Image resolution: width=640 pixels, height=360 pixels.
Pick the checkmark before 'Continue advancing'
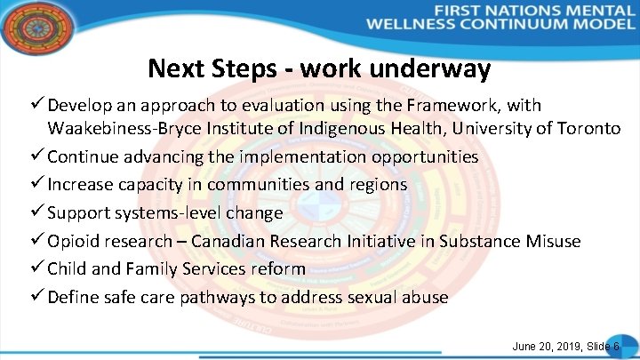click(36, 156)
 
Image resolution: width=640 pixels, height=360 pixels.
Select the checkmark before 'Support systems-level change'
click(36, 212)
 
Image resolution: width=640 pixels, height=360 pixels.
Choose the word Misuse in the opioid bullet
click(550, 241)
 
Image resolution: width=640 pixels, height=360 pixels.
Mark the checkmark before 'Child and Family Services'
click(36, 268)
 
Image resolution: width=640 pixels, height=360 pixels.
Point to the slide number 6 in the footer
click(615, 345)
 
